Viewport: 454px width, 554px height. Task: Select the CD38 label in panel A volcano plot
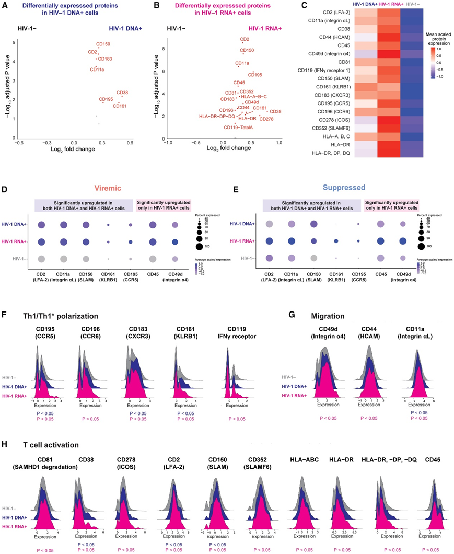123,93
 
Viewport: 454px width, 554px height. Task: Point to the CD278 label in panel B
266,119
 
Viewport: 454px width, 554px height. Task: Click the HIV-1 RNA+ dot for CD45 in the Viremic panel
153,242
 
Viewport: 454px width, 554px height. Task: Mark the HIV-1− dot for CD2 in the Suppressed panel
269,258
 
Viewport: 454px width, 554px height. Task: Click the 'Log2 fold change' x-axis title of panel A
75,151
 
